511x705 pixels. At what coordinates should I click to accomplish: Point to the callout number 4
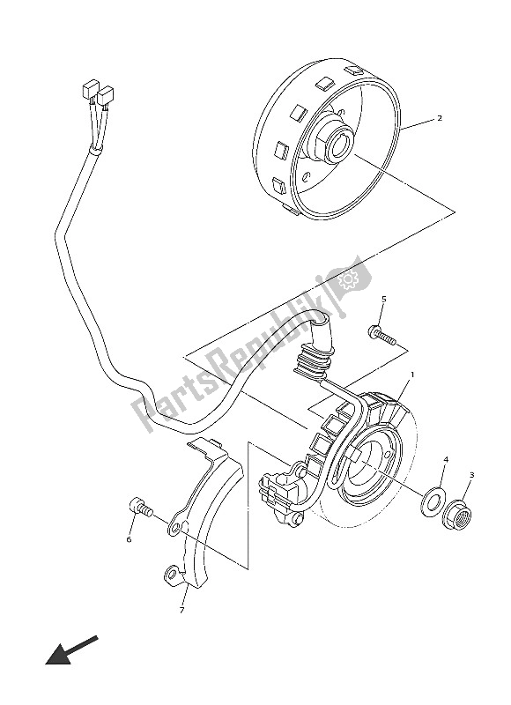[446, 459]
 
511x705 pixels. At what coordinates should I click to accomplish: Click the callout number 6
[129, 539]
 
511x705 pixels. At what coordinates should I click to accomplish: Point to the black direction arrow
[69, 653]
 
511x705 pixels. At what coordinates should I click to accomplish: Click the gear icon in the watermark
[345, 280]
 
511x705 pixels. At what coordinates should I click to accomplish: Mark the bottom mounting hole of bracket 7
[170, 576]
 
